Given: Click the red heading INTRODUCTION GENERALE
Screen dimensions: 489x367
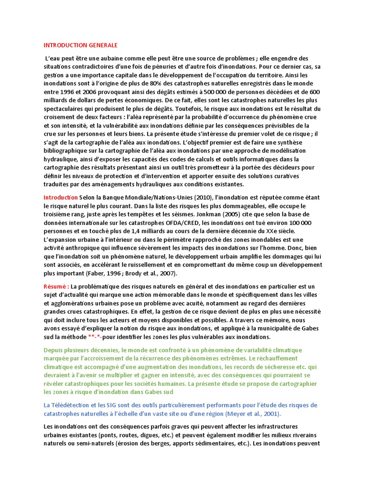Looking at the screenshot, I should (x=80, y=45).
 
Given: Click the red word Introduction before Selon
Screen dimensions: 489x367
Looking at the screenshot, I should (x=61, y=197).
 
